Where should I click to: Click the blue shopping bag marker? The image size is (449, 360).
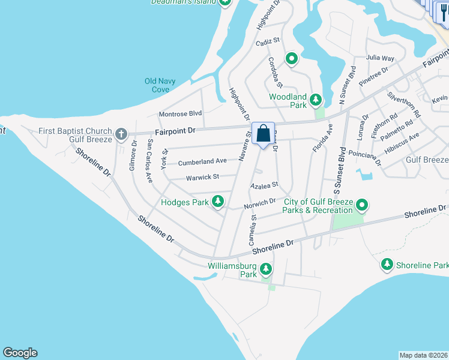pyautogui.click(x=263, y=134)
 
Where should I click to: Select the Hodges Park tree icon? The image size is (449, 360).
pyautogui.click(x=220, y=202)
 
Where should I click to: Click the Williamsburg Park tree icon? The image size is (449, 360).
pyautogui.click(x=265, y=269)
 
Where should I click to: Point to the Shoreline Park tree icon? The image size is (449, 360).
pyautogui.click(x=387, y=264)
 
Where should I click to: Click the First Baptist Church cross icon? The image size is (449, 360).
pyautogui.click(x=121, y=133)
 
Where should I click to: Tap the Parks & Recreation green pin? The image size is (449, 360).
pyautogui.click(x=361, y=206)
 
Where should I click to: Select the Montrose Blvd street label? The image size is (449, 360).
pyautogui.click(x=179, y=114)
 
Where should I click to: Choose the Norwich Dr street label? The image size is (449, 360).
pyautogui.click(x=259, y=205)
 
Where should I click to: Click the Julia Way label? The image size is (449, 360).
pyautogui.click(x=380, y=58)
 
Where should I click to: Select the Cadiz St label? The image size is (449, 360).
pyautogui.click(x=268, y=40)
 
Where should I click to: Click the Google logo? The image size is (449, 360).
pyautogui.click(x=20, y=353)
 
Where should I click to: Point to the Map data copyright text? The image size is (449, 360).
pyautogui.click(x=423, y=355)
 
